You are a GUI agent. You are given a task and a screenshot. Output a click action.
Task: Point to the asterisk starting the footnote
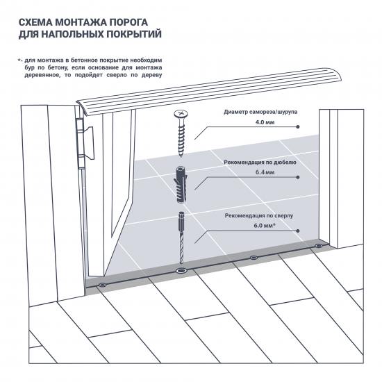pyautogui.click(x=19, y=61)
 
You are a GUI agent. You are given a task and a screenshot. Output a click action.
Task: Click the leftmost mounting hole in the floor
pyautogui.click(x=102, y=284)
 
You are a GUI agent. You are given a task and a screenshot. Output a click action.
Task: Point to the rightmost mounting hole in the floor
pyautogui.click(x=318, y=245)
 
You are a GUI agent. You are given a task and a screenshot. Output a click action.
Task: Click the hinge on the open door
pyautogui.click(x=81, y=140)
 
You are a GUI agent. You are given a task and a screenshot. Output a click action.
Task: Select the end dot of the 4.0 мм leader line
pyautogui.click(x=297, y=127)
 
